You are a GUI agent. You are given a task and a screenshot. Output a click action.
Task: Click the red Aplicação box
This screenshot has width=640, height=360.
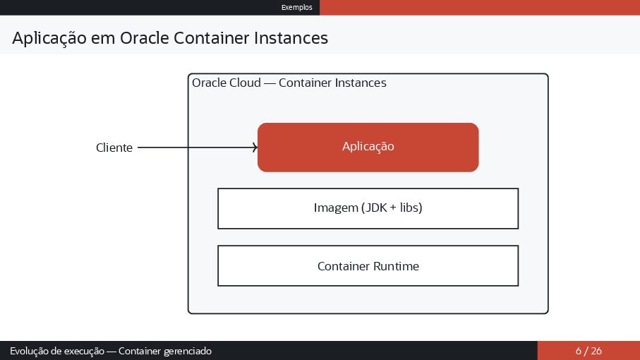click(x=368, y=147)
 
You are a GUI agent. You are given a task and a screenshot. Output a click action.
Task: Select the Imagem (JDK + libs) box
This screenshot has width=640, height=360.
click(x=368, y=208)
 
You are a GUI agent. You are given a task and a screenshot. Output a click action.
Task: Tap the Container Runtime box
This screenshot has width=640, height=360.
click(x=368, y=266)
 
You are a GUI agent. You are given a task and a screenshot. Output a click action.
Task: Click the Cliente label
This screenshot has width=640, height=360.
click(x=114, y=148)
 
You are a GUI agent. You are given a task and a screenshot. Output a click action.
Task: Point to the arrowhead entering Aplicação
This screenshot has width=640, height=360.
click(x=255, y=148)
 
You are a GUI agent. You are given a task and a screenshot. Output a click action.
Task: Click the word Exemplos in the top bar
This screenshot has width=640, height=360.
click(x=296, y=7)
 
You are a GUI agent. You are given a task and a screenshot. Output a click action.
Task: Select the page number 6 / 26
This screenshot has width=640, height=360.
click(x=588, y=351)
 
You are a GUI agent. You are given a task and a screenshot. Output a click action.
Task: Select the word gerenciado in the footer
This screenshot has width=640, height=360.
click(x=188, y=351)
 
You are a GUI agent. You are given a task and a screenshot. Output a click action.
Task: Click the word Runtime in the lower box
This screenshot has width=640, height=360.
click(x=396, y=266)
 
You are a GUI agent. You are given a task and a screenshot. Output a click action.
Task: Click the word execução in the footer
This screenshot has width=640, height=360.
click(x=80, y=351)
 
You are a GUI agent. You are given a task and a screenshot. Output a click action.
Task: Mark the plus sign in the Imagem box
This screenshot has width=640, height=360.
click(x=392, y=208)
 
